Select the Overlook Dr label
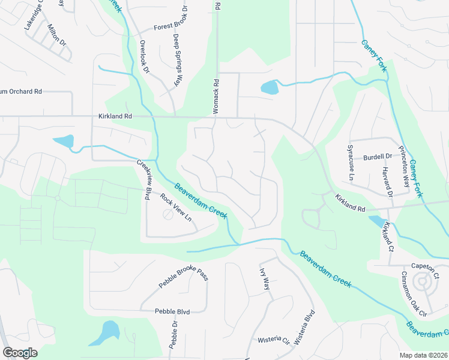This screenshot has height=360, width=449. (x=144, y=57)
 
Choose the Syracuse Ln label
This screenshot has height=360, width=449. (x=351, y=161)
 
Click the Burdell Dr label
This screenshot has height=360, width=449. (x=377, y=157)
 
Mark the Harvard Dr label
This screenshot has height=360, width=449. (x=387, y=182)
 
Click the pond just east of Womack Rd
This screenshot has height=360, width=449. (x=270, y=88)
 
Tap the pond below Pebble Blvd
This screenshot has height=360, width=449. (x=107, y=332)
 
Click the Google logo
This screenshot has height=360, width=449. (x=20, y=353)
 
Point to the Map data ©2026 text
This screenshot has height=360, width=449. (x=423, y=355)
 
